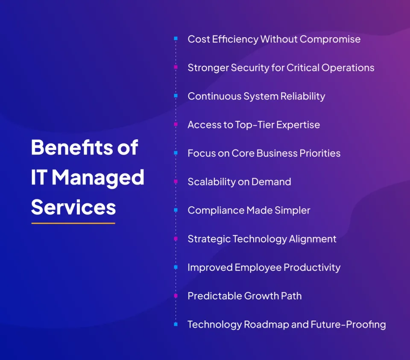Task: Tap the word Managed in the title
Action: pyautogui.click(x=98, y=177)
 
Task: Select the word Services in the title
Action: pyautogui.click(x=73, y=207)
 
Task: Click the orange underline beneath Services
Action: pyautogui.click(x=73, y=223)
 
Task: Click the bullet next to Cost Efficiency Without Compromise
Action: pyautogui.click(x=176, y=39)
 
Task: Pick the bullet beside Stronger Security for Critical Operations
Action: pyautogui.click(x=176, y=67)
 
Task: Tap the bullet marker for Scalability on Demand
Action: pyautogui.click(x=176, y=181)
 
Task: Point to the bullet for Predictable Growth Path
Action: pyautogui.click(x=176, y=296)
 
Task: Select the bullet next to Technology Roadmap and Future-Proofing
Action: pyautogui.click(x=176, y=324)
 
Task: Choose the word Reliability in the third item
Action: pyautogui.click(x=302, y=97)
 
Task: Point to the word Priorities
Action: pyautogui.click(x=319, y=153)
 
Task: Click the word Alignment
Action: pyautogui.click(x=313, y=239)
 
